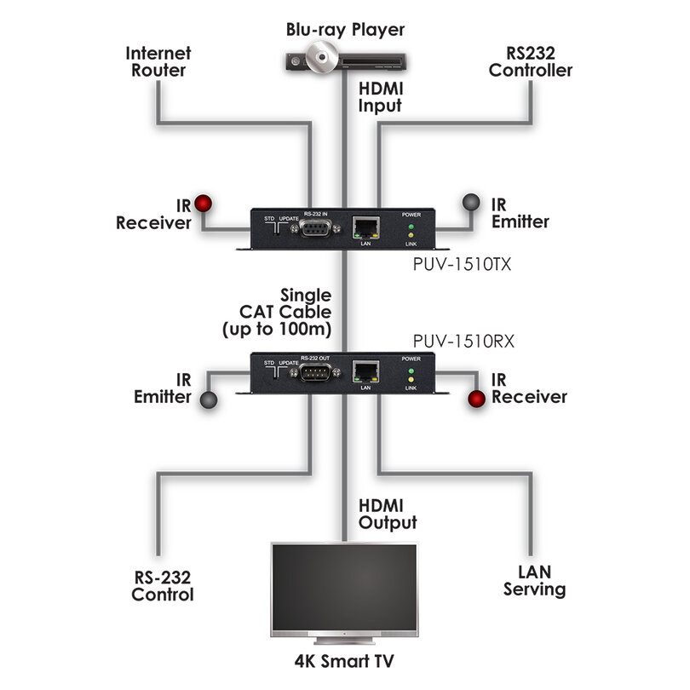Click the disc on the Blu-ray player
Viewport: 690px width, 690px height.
pyautogui.click(x=322, y=57)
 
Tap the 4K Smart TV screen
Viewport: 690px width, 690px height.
pyautogui.click(x=344, y=588)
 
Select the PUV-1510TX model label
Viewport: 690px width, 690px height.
pyautogui.click(x=462, y=264)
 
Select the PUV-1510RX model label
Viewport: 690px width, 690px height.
pyautogui.click(x=463, y=341)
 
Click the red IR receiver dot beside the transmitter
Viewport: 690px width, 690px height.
pyautogui.click(x=204, y=203)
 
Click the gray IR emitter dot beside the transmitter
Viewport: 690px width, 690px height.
pyautogui.click(x=471, y=203)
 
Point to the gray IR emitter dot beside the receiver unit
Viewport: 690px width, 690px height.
pyautogui.click(x=209, y=400)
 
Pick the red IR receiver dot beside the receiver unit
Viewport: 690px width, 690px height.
pyautogui.click(x=476, y=399)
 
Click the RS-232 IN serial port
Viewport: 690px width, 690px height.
pyautogui.click(x=315, y=228)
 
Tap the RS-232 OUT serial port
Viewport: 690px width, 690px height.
pyautogui.click(x=315, y=372)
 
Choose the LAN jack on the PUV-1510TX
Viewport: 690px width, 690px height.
pyautogui.click(x=365, y=227)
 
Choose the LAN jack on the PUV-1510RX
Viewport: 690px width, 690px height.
pyautogui.click(x=365, y=372)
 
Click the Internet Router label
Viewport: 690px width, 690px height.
pyautogui.click(x=158, y=61)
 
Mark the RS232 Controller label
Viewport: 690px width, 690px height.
pyautogui.click(x=530, y=61)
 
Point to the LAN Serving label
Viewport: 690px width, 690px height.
pyautogui.click(x=535, y=580)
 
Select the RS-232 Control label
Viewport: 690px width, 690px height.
pyautogui.click(x=163, y=586)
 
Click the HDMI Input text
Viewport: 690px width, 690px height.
pyautogui.click(x=381, y=97)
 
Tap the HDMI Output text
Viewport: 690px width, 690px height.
pyautogui.click(x=388, y=514)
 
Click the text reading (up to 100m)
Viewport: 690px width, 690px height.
pyautogui.click(x=277, y=329)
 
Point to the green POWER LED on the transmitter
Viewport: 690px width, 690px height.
pyautogui.click(x=411, y=227)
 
